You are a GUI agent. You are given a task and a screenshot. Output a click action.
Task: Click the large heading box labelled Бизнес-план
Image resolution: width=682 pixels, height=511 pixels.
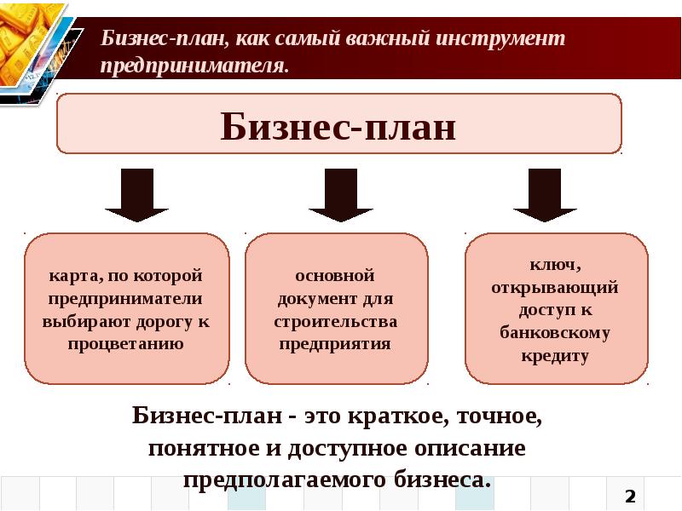(338, 124)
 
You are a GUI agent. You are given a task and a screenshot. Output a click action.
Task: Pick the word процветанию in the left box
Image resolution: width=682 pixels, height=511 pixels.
(126, 344)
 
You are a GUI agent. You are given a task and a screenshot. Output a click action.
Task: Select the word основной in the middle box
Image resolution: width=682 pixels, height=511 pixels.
(336, 278)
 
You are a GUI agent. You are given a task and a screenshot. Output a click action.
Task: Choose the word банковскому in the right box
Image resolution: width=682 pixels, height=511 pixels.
(555, 333)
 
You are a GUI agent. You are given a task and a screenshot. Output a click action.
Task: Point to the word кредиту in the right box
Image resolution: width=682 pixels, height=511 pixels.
(555, 355)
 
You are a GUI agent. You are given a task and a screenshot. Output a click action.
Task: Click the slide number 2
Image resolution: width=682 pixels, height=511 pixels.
(631, 496)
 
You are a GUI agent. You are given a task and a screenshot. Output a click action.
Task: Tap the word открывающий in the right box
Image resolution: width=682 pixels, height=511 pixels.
(554, 288)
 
